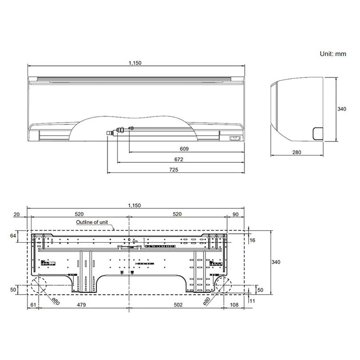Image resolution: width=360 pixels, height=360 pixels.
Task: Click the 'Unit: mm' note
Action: (x=333, y=54)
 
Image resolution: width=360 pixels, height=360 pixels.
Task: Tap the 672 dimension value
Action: (x=179, y=159)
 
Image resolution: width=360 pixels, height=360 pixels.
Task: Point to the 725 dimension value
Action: (x=174, y=170)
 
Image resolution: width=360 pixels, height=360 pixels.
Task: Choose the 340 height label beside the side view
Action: (x=342, y=109)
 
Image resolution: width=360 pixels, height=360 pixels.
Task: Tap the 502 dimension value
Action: (x=178, y=305)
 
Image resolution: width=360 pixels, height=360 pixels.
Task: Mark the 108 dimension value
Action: (x=233, y=305)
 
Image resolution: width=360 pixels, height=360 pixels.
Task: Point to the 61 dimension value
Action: (x=32, y=305)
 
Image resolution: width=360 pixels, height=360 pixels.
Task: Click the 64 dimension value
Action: (x=13, y=236)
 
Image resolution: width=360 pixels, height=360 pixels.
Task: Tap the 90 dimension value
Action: (x=236, y=214)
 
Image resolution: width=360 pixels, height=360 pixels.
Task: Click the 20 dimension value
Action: (x=16, y=214)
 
